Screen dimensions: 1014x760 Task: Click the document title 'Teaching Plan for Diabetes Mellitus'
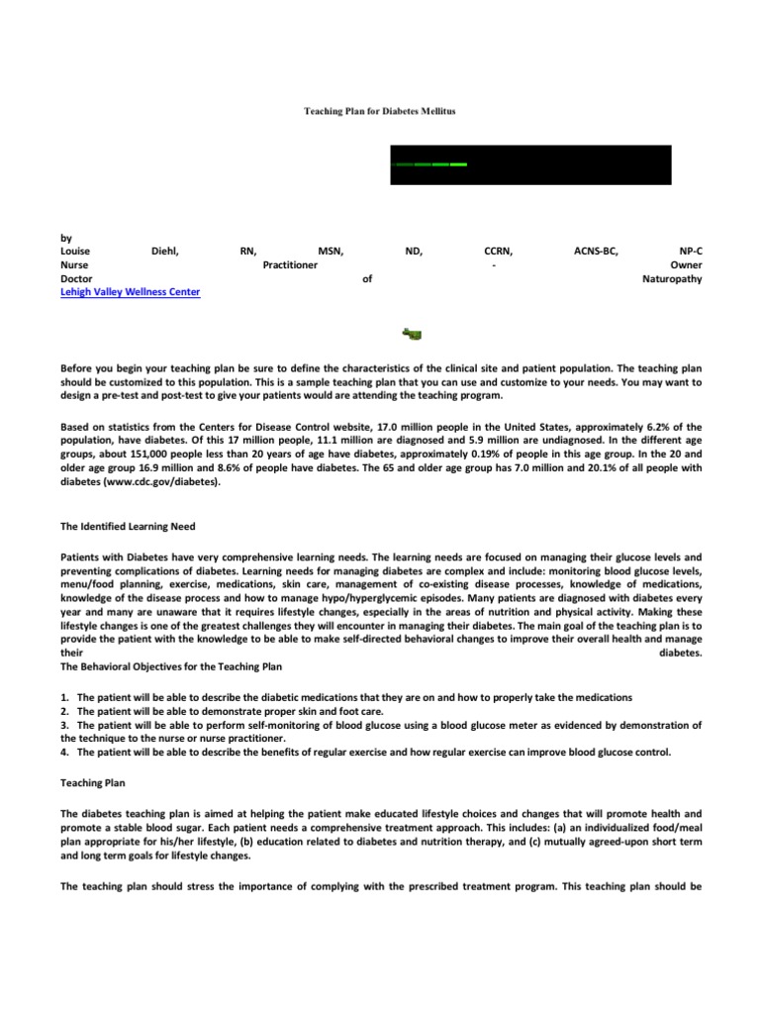379,112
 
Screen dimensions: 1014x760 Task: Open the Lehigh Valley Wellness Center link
130,293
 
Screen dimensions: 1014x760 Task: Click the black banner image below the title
529,164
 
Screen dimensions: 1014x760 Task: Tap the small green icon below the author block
412,332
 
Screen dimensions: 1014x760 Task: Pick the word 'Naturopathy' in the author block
672,279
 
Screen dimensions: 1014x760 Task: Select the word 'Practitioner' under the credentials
290,265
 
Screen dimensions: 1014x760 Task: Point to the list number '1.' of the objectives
65,697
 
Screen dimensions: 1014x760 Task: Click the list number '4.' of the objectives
65,753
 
